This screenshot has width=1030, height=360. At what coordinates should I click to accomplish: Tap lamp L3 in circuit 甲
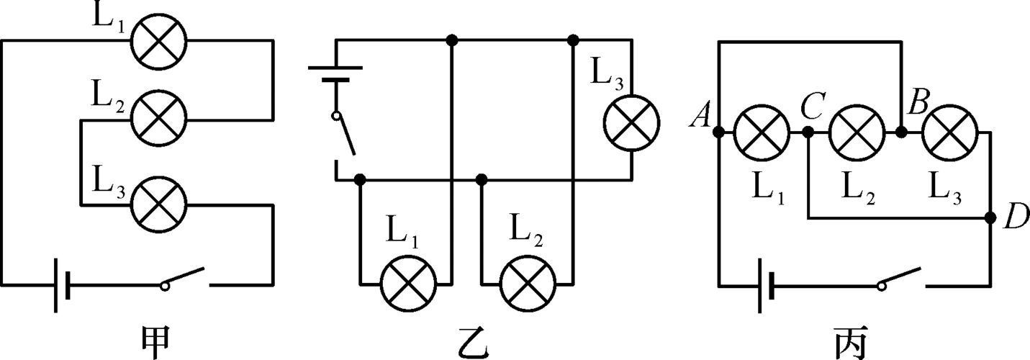158,204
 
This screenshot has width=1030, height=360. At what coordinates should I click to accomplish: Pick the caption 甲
158,341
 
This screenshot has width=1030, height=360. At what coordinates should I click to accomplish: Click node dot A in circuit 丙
718,132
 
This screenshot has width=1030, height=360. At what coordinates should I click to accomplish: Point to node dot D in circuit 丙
990,217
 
